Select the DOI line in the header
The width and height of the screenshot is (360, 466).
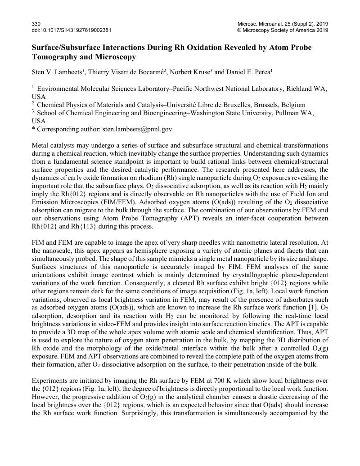72,30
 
